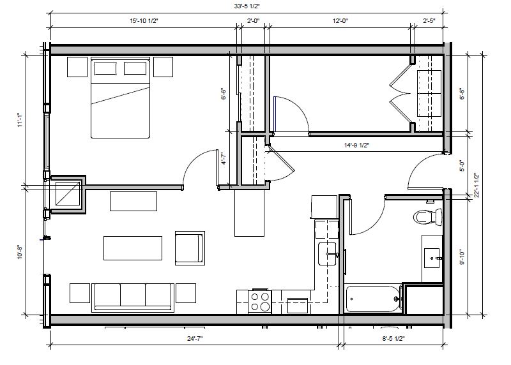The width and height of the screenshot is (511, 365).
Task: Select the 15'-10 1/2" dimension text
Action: [x=144, y=21]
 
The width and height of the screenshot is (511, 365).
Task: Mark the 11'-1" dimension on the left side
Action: [x=19, y=119]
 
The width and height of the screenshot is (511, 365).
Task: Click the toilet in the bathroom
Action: [x=426, y=216]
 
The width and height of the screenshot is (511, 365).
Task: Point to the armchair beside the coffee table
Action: [x=189, y=248]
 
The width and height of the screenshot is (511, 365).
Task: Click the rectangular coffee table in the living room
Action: [x=133, y=248]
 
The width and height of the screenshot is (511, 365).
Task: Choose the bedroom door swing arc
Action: [x=196, y=167]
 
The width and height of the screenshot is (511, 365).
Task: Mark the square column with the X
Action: [x=68, y=193]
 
